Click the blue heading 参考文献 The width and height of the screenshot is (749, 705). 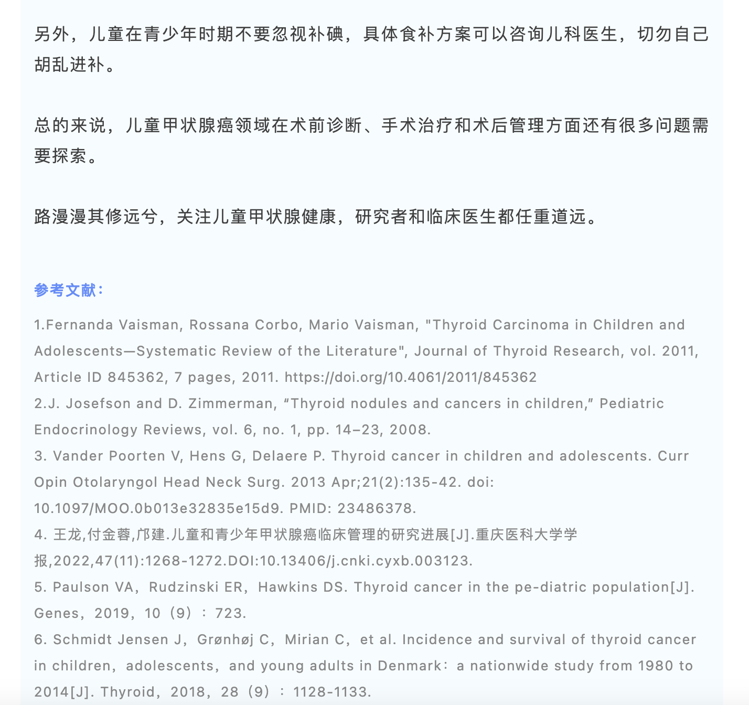(x=69, y=290)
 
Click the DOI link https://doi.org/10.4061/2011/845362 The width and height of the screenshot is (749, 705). (x=410, y=377)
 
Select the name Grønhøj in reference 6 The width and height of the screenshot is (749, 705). (x=226, y=639)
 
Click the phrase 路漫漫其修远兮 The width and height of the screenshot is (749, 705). (x=96, y=216)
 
